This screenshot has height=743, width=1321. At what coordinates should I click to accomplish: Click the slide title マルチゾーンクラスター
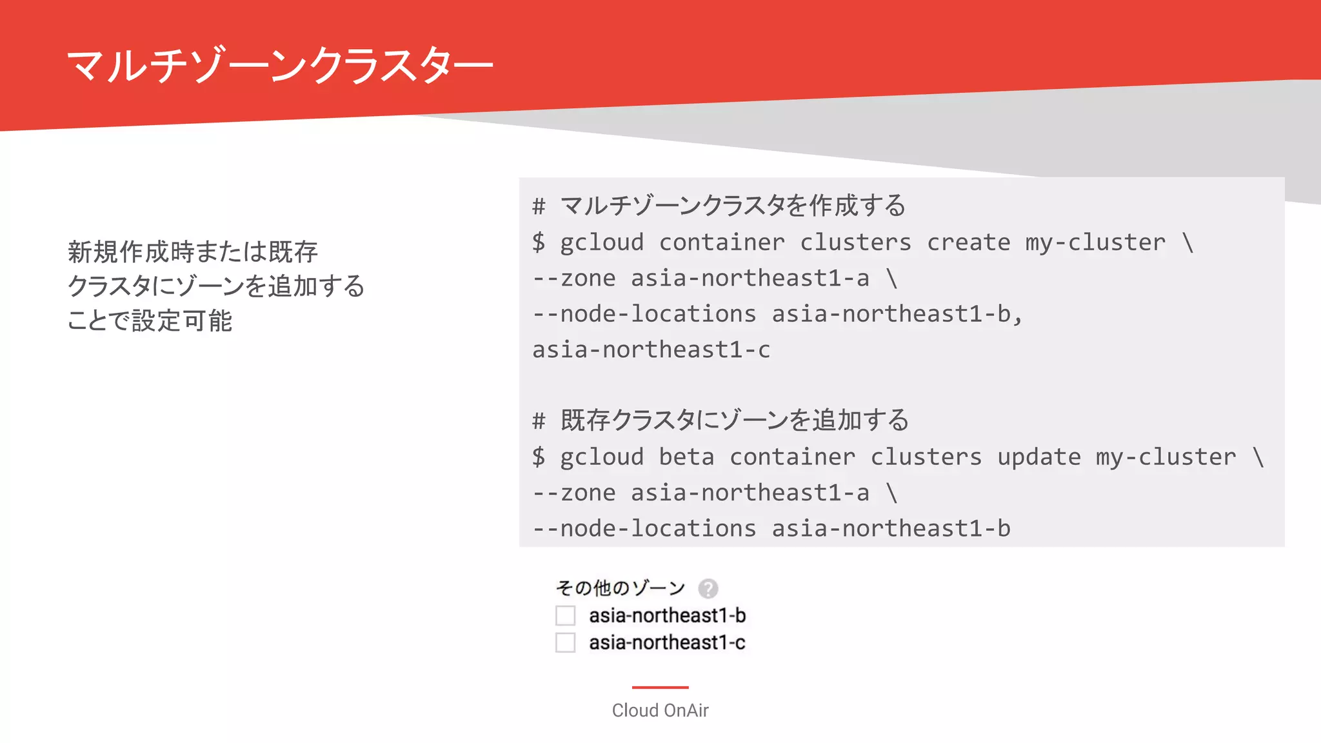[x=279, y=65]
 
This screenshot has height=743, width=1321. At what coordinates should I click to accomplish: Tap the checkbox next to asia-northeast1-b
[x=566, y=615]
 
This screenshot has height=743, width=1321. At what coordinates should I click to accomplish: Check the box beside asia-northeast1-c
[x=566, y=642]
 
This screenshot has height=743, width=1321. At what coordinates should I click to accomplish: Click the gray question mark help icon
[x=708, y=588]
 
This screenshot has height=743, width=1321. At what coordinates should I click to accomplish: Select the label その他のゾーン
[x=620, y=588]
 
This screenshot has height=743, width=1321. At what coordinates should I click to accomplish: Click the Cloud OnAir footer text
[x=660, y=710]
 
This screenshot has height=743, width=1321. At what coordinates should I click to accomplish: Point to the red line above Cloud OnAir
[x=660, y=688]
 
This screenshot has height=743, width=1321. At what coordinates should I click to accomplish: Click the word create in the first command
[x=968, y=243]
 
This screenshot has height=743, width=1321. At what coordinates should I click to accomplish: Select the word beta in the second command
[x=686, y=457]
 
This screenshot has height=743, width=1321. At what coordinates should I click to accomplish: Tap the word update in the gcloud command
[x=1038, y=457]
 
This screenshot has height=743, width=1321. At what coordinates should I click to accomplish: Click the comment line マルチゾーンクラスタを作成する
[x=733, y=206]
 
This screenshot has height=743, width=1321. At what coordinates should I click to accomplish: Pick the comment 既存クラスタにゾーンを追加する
[x=734, y=421]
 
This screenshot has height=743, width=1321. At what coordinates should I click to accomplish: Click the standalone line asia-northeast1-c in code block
[x=651, y=350]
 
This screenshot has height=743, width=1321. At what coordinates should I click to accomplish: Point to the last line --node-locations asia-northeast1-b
[x=771, y=529]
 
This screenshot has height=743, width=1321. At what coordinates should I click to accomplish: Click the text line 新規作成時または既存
[x=193, y=252]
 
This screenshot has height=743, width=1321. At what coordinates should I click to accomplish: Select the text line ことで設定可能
[x=150, y=321]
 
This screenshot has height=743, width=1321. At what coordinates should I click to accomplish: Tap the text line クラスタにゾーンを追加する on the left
[x=216, y=286]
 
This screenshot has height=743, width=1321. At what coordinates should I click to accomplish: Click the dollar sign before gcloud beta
[x=539, y=457]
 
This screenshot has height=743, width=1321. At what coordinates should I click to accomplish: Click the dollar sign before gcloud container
[x=539, y=243]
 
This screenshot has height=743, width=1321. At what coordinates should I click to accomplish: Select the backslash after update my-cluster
[x=1258, y=457]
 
